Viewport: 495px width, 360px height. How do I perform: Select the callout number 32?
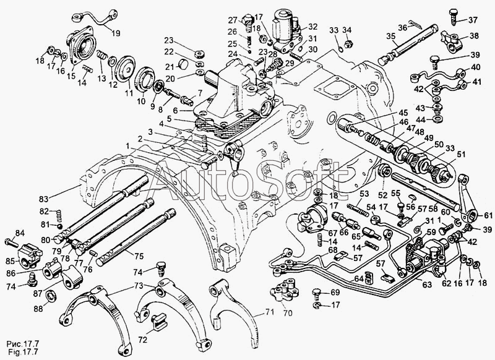(x=312, y=27)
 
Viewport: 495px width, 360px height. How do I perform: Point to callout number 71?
(x=267, y=312)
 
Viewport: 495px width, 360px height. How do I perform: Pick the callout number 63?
(x=426, y=286)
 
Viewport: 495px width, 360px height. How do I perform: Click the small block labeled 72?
(x=159, y=322)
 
